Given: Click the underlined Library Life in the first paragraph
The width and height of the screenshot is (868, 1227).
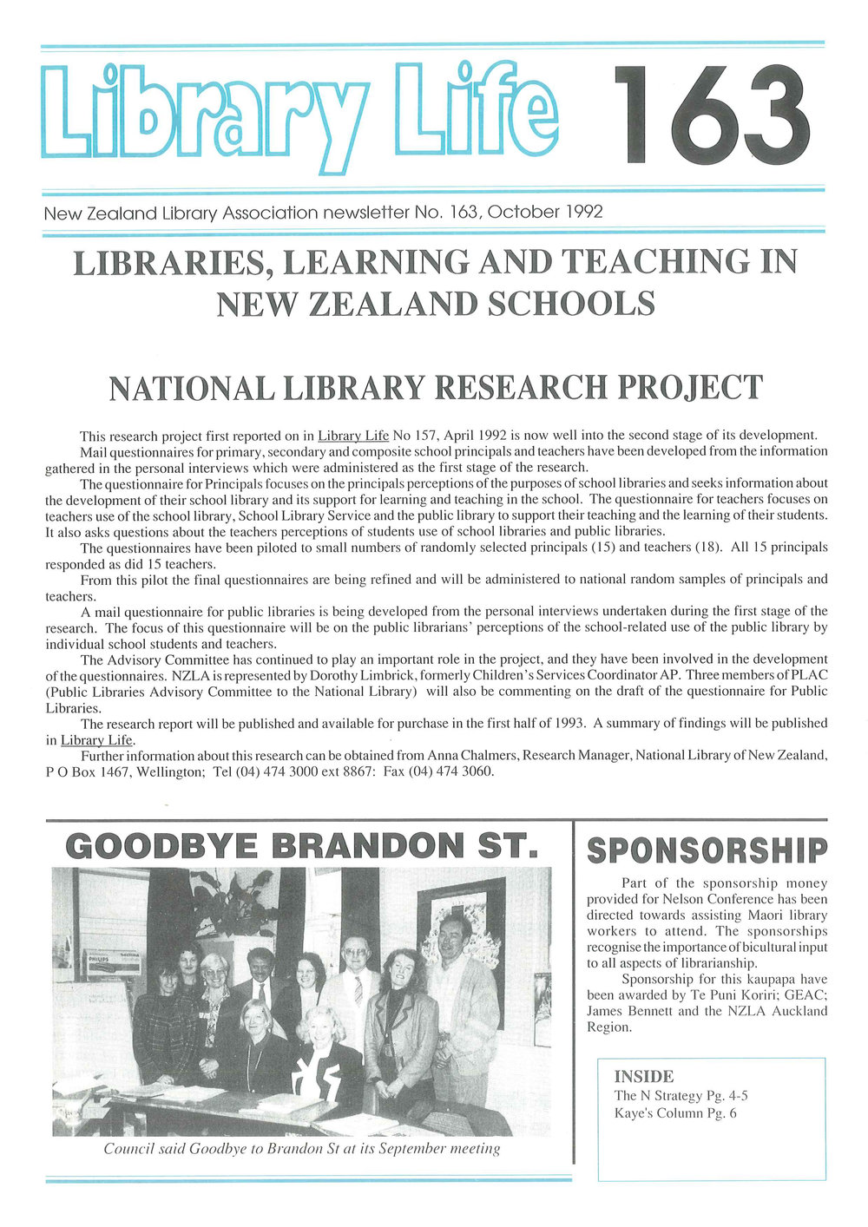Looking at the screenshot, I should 353,436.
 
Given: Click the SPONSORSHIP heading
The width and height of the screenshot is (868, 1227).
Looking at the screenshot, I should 707,850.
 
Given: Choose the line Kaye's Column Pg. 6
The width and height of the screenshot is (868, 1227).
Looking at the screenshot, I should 675,1113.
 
